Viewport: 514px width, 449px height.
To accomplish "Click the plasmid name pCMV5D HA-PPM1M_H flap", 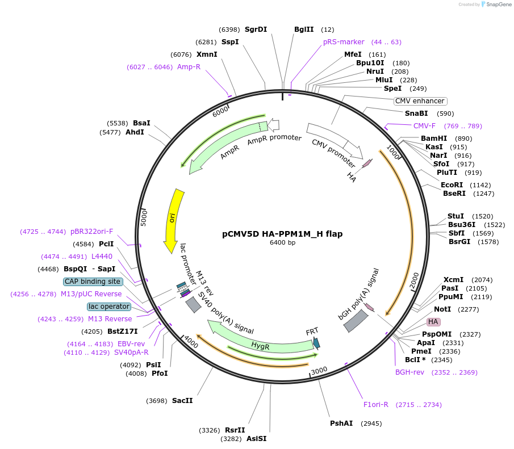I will point(282,234).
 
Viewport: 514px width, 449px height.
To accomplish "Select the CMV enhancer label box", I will point(421,101).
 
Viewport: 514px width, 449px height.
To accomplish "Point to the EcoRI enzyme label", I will point(452,185).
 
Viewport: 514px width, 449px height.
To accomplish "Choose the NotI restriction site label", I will point(442,309).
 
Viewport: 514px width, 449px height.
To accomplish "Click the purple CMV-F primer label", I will point(424,126).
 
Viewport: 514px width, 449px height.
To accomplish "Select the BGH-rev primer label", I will point(409,372).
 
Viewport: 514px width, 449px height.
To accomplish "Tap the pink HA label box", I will point(434,322).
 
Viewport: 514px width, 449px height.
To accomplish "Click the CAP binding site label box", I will point(93,282).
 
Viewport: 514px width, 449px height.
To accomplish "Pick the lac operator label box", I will point(109,307).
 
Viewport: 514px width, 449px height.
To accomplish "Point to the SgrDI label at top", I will point(256,30).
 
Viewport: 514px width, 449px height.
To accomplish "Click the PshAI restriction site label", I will point(341,423).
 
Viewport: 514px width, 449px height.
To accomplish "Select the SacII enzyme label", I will point(182,401).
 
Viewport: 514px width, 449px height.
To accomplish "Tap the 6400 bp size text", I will point(282,243).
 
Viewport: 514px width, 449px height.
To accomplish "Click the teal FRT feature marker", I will point(316,343).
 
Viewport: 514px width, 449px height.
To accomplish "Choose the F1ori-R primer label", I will point(376,405).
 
